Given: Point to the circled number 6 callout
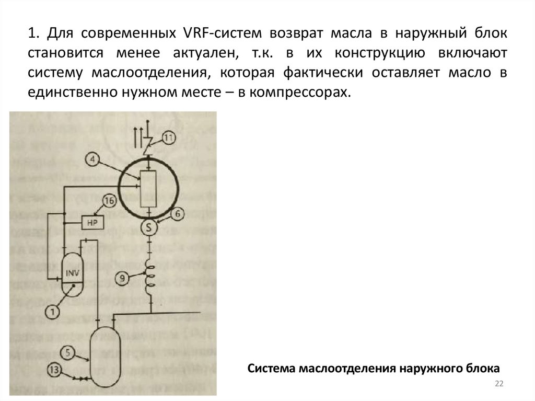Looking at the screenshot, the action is click(x=177, y=213).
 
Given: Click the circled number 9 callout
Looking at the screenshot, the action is click(x=121, y=278).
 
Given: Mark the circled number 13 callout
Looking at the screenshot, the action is click(x=55, y=370).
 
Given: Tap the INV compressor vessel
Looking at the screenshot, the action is click(x=72, y=272).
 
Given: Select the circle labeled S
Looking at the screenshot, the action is click(x=150, y=227).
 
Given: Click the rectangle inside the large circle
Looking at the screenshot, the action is click(x=150, y=189).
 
